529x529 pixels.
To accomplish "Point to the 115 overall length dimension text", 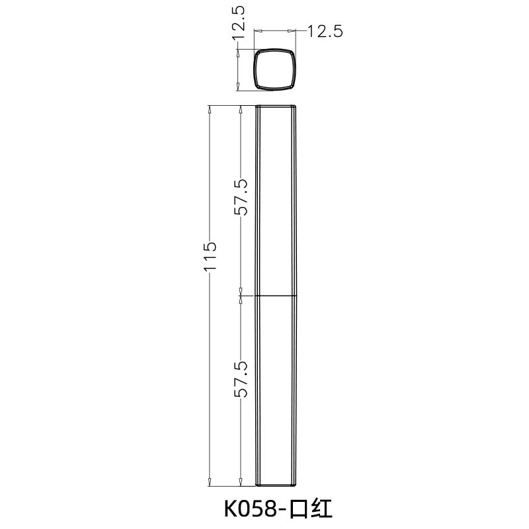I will tap(210, 257).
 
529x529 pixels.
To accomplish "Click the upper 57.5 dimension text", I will tap(241, 198).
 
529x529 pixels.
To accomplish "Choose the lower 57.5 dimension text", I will tap(241, 379).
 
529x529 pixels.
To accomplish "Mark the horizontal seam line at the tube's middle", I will tap(276, 295).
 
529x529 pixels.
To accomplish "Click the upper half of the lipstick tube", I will tap(276, 198).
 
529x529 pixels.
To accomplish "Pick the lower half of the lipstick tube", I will tap(276, 390).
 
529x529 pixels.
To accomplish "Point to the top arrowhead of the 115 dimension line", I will tap(210, 110).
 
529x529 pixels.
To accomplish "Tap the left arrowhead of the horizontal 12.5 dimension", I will tap(259, 31).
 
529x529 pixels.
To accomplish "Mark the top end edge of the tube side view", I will tap(276, 106).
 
